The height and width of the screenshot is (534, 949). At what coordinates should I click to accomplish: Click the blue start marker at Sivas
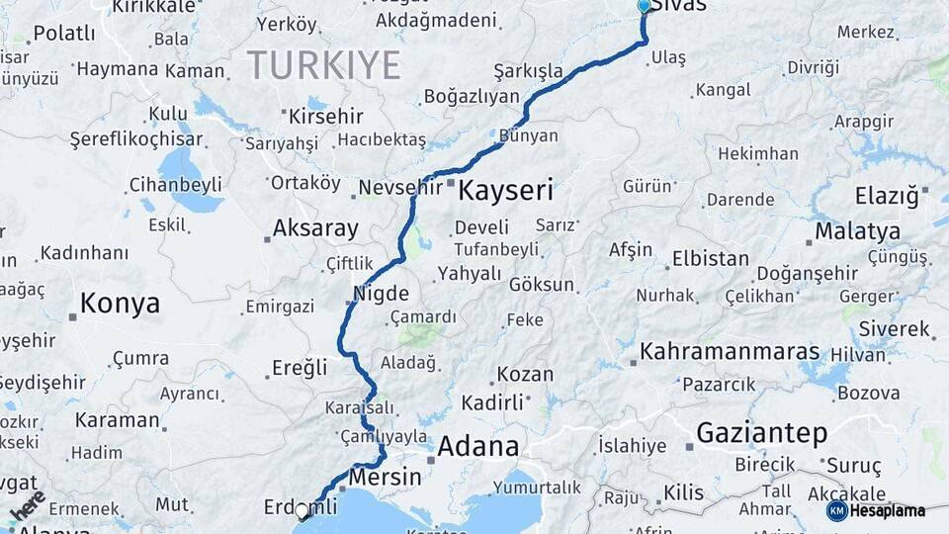point(645,6)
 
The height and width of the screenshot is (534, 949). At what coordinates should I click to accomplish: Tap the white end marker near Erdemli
point(302,511)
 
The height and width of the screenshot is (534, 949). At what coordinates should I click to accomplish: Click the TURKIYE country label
point(323,65)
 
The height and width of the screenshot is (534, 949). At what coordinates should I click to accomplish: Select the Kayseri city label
point(505,190)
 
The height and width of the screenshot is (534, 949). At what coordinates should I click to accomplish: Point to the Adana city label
point(477,446)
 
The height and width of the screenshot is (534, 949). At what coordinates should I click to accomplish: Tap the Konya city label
point(120,303)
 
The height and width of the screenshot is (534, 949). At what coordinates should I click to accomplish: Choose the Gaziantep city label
point(761,433)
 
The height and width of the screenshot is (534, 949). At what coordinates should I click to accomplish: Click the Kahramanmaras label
point(730,351)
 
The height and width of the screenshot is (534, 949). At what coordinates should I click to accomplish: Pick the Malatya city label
point(857,231)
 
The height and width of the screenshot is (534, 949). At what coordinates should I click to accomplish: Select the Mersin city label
point(387,477)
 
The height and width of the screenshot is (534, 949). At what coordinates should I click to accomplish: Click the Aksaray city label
point(315,228)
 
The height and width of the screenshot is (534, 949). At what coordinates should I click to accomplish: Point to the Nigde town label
point(382,294)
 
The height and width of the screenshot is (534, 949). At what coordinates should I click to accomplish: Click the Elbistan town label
point(710,258)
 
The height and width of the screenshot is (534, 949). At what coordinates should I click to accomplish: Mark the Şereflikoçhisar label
point(135,139)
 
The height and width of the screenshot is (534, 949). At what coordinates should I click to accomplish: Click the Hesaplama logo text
point(888,510)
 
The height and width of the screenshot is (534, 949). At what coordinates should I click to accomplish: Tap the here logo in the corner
point(28,505)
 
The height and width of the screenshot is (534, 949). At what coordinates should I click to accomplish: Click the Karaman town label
point(117,419)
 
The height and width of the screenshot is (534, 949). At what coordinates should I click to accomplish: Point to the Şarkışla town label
point(528,71)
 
